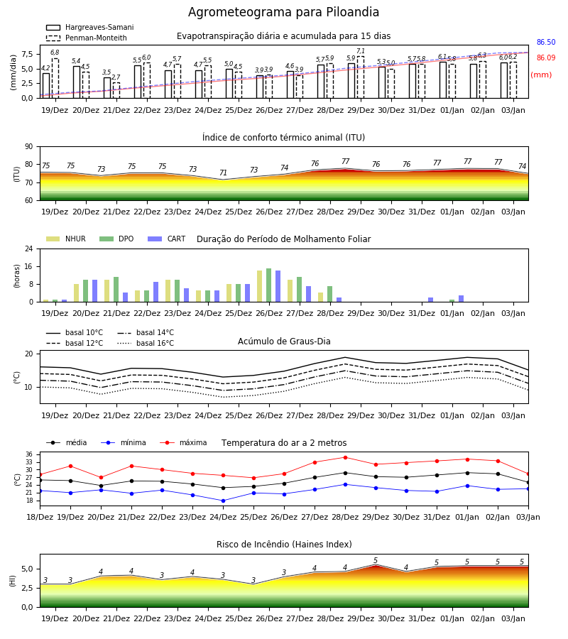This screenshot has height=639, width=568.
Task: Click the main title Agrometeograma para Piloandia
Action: pyautogui.click(x=283, y=12)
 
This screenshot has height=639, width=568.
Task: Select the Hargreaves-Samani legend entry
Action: pyautogui.click(x=89, y=27)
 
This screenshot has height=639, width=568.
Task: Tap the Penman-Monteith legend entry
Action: pyautogui.click(x=87, y=38)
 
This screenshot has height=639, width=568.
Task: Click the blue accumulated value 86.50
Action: pyautogui.click(x=546, y=43)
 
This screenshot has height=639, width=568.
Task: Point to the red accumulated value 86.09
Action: pyautogui.click(x=546, y=58)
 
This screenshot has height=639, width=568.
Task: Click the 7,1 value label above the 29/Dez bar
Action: pyautogui.click(x=361, y=51)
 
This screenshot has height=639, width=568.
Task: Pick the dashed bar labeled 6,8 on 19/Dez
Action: pyautogui.click(x=55, y=78)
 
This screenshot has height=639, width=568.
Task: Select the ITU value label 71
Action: pyautogui.click(x=223, y=173)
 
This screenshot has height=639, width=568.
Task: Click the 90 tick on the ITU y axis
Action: pyautogui.click(x=29, y=147)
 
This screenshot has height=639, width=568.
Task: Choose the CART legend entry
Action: pyautogui.click(x=167, y=239)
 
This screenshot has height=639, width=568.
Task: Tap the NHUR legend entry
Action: pyautogui.click(x=66, y=239)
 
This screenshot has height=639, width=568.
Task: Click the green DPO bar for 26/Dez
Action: pyautogui.click(x=269, y=285)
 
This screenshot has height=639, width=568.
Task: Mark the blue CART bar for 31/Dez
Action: pyautogui.click(x=431, y=300)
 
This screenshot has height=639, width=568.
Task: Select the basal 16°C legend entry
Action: pyautogui.click(x=146, y=343)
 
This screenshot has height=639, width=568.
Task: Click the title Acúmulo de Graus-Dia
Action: pyautogui.click(x=284, y=342)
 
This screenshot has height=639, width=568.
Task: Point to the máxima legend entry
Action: pyautogui.click(x=183, y=442)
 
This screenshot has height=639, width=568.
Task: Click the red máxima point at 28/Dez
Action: pyautogui.click(x=346, y=458)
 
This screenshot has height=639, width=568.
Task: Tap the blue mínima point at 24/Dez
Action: pyautogui.click(x=223, y=501)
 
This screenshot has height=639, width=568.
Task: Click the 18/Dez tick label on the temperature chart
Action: pyautogui.click(x=40, y=517)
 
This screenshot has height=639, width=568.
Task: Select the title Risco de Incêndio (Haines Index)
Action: pyautogui.click(x=284, y=545)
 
